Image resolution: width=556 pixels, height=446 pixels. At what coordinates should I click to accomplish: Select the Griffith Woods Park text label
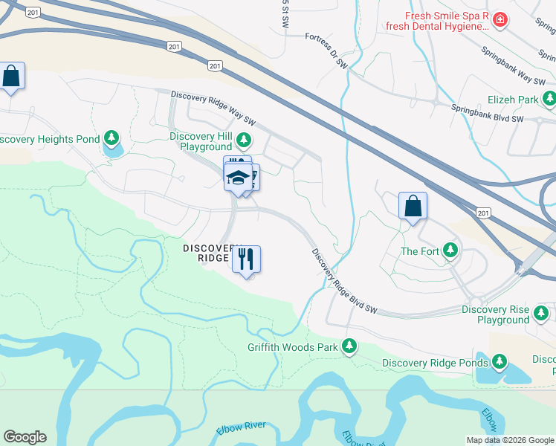(293, 347)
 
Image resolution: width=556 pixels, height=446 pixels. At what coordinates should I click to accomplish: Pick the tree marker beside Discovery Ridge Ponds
(500, 363)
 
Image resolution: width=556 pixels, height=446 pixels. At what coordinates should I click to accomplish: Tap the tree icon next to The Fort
(450, 251)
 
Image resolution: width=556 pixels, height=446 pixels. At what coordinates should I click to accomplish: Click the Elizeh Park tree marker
(549, 99)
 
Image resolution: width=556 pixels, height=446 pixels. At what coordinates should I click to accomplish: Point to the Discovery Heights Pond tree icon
(111, 138)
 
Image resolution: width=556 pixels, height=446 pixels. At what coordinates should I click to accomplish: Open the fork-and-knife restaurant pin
(246, 259)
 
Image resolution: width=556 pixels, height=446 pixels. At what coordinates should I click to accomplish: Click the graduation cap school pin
(238, 178)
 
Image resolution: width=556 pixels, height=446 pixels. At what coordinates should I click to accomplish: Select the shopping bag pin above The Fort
(413, 207)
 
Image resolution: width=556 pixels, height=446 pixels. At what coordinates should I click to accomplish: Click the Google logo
(25, 437)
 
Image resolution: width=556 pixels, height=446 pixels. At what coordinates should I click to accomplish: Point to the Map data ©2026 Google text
(511, 440)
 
